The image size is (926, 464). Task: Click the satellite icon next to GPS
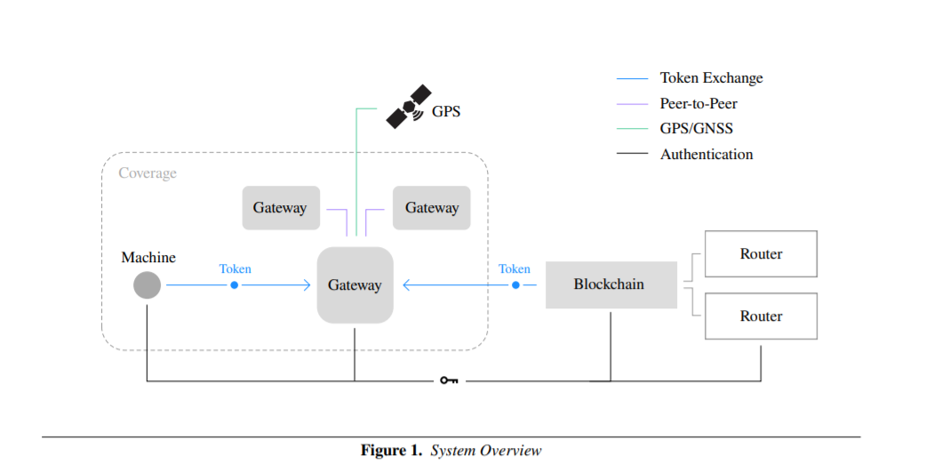[408, 107]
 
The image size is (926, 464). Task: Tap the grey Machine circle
[148, 285]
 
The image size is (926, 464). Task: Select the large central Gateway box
[355, 285]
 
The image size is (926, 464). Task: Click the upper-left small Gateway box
[280, 208]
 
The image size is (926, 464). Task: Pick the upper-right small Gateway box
[432, 208]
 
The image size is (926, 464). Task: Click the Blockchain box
[611, 285]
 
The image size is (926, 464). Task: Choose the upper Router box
[761, 254]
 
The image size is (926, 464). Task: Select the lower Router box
[761, 316]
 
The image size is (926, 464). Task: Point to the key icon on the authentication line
[449, 380]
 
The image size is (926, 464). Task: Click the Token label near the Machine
[235, 268]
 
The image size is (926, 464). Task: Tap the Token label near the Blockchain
[515, 268]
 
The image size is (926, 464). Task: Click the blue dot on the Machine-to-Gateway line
[234, 285]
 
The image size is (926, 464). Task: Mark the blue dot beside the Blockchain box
[515, 285]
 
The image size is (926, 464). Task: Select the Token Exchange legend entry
[711, 78]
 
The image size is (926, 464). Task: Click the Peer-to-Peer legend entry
[698, 104]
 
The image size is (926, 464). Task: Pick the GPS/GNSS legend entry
[696, 129]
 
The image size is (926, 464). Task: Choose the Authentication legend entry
[706, 155]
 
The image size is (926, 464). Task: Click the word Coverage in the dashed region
[148, 173]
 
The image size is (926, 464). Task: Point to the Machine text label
[148, 258]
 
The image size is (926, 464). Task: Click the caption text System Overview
[485, 451]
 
